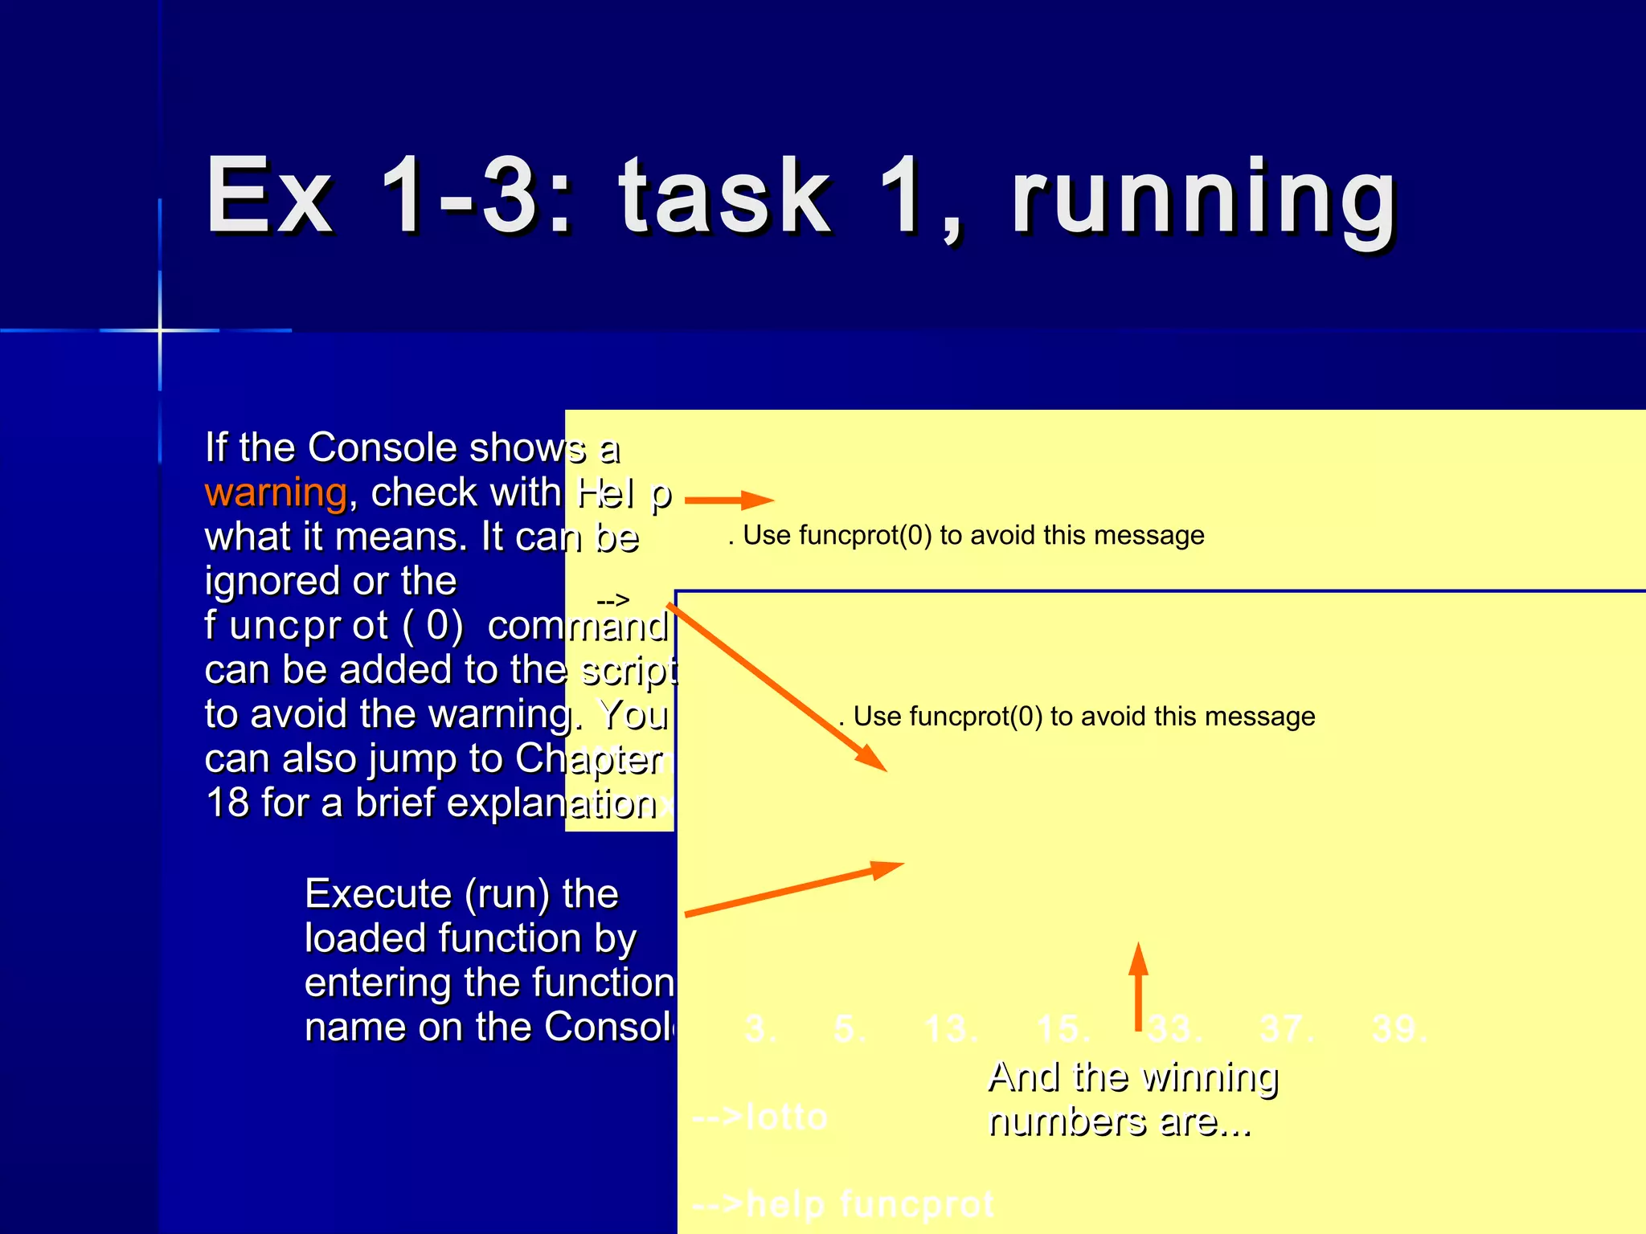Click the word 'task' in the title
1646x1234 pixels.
point(725,197)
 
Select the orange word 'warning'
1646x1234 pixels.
point(276,492)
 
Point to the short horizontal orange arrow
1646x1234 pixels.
point(728,500)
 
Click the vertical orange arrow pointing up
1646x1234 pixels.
point(1138,987)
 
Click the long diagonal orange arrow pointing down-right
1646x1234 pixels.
point(776,688)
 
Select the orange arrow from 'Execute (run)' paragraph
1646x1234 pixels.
point(794,889)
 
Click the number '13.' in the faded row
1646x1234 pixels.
point(951,1029)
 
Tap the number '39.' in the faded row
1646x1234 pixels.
point(1399,1029)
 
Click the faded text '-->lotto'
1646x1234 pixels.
point(760,1118)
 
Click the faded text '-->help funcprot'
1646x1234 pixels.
point(842,1204)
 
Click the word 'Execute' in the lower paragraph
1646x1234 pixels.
point(378,894)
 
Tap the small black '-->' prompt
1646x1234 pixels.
point(612,600)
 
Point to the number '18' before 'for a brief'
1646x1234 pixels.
point(227,803)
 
